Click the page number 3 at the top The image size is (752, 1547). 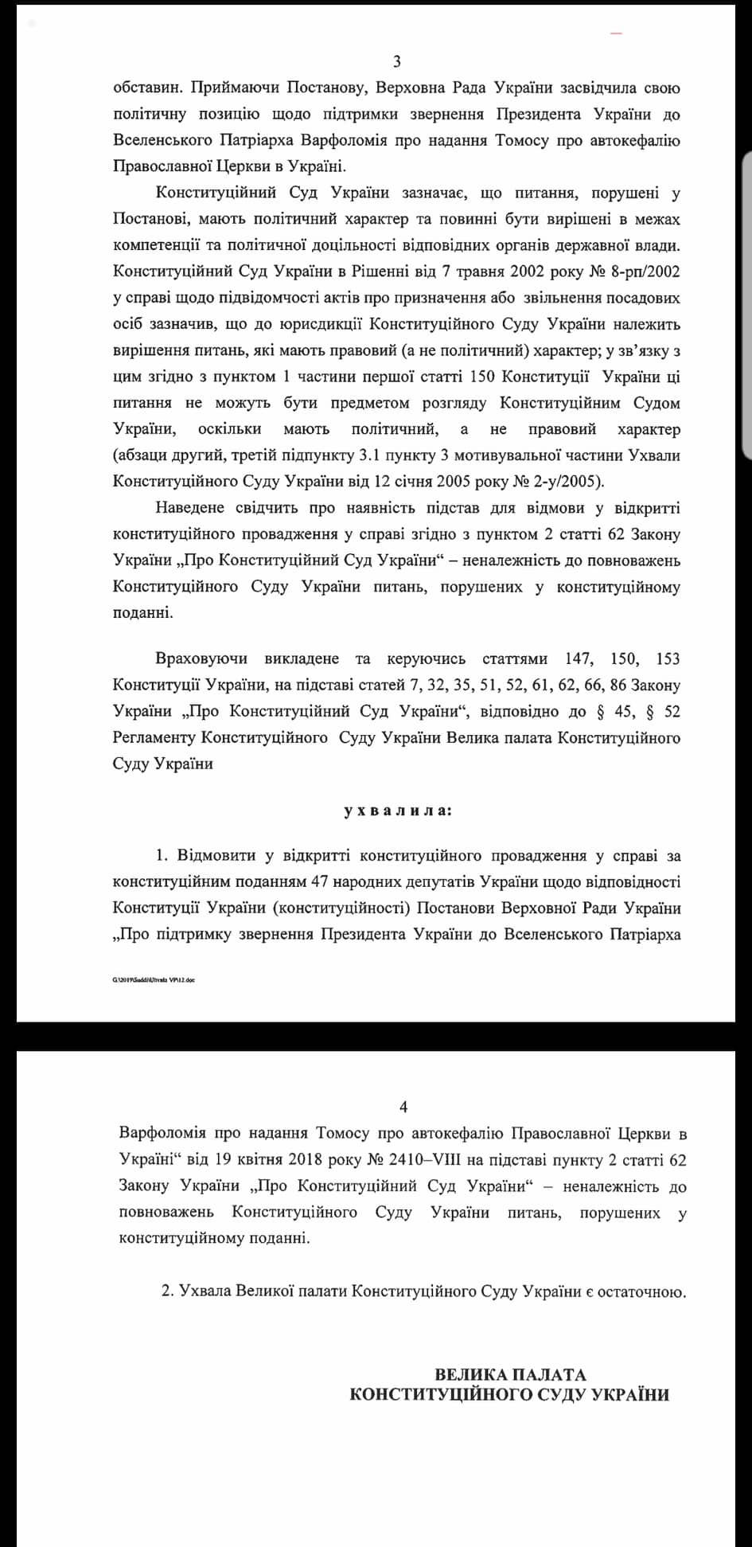pos(397,62)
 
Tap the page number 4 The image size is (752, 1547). pos(403,1107)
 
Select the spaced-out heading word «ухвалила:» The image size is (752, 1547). pos(397,811)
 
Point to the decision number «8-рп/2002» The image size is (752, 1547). pos(641,272)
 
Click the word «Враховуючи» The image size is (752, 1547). pos(201,658)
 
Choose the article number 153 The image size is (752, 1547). pos(668,658)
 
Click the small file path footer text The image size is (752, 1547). pos(154,979)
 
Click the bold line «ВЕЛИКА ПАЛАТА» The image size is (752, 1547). pos(510,1374)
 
